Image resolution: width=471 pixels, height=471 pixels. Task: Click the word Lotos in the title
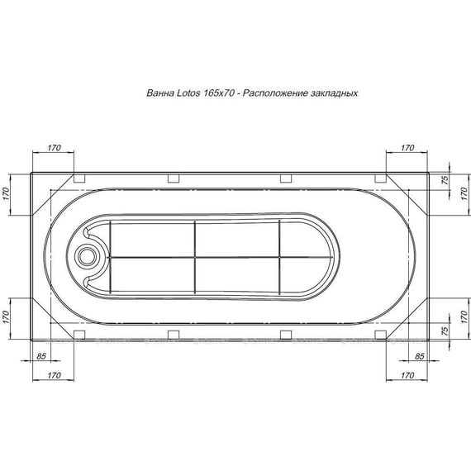pos(188,93)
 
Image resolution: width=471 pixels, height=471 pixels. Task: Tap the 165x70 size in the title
pos(219,93)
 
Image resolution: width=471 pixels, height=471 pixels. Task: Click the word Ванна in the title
pos(160,93)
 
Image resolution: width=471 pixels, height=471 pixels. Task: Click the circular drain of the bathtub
pos(87,257)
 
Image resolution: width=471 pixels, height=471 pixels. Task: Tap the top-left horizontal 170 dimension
pos(54,148)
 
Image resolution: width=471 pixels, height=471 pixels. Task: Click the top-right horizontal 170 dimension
pos(407,148)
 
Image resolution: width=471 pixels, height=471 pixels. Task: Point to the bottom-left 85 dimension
pos(40,356)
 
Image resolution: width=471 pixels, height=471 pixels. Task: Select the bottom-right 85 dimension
pos(419,356)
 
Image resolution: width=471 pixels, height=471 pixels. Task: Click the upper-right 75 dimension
pos(445,179)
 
